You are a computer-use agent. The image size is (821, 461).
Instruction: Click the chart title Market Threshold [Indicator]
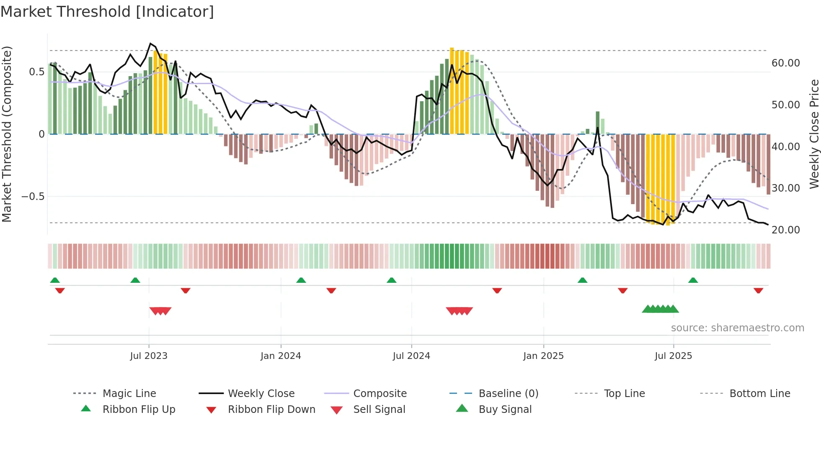107,12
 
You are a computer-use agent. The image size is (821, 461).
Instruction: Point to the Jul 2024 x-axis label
411,356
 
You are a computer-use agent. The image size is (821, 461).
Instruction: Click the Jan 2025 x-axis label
543,356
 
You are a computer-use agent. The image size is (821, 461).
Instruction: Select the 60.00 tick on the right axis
785,63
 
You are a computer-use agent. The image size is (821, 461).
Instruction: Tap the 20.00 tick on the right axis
785,230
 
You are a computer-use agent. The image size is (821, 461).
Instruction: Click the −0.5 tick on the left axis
33,197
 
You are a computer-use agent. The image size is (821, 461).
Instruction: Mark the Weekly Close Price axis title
814,134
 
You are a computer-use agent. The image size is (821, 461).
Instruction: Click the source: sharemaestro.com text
737,328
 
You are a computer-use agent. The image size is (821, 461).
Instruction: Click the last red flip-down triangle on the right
758,290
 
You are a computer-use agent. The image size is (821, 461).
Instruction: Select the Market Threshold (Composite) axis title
7,134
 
